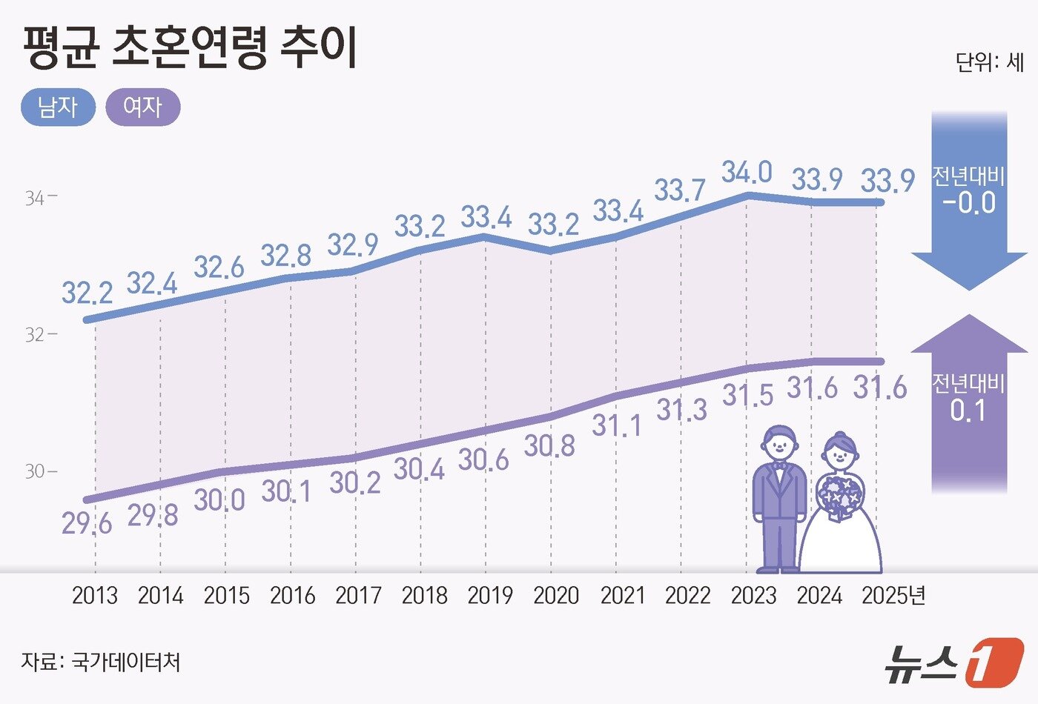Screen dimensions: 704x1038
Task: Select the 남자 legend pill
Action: point(58,107)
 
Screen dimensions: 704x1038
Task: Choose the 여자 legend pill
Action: point(143,107)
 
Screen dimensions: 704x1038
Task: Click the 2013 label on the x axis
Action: point(95,596)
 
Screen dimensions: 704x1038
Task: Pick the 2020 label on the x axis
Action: point(556,596)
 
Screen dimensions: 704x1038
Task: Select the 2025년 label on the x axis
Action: point(893,596)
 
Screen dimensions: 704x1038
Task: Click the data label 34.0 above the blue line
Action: point(747,173)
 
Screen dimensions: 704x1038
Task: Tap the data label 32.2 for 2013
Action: point(87,293)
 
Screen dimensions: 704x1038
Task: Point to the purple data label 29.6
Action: point(87,524)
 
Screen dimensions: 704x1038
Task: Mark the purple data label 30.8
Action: point(549,446)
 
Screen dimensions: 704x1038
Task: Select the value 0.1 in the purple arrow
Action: point(968,411)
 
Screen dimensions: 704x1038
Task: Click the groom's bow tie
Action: point(779,466)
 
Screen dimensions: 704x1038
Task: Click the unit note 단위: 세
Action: point(989,62)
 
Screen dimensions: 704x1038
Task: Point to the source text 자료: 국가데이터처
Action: point(101,661)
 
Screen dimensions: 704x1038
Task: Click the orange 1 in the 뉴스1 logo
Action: point(993,661)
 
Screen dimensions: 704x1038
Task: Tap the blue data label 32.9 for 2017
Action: point(354,245)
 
